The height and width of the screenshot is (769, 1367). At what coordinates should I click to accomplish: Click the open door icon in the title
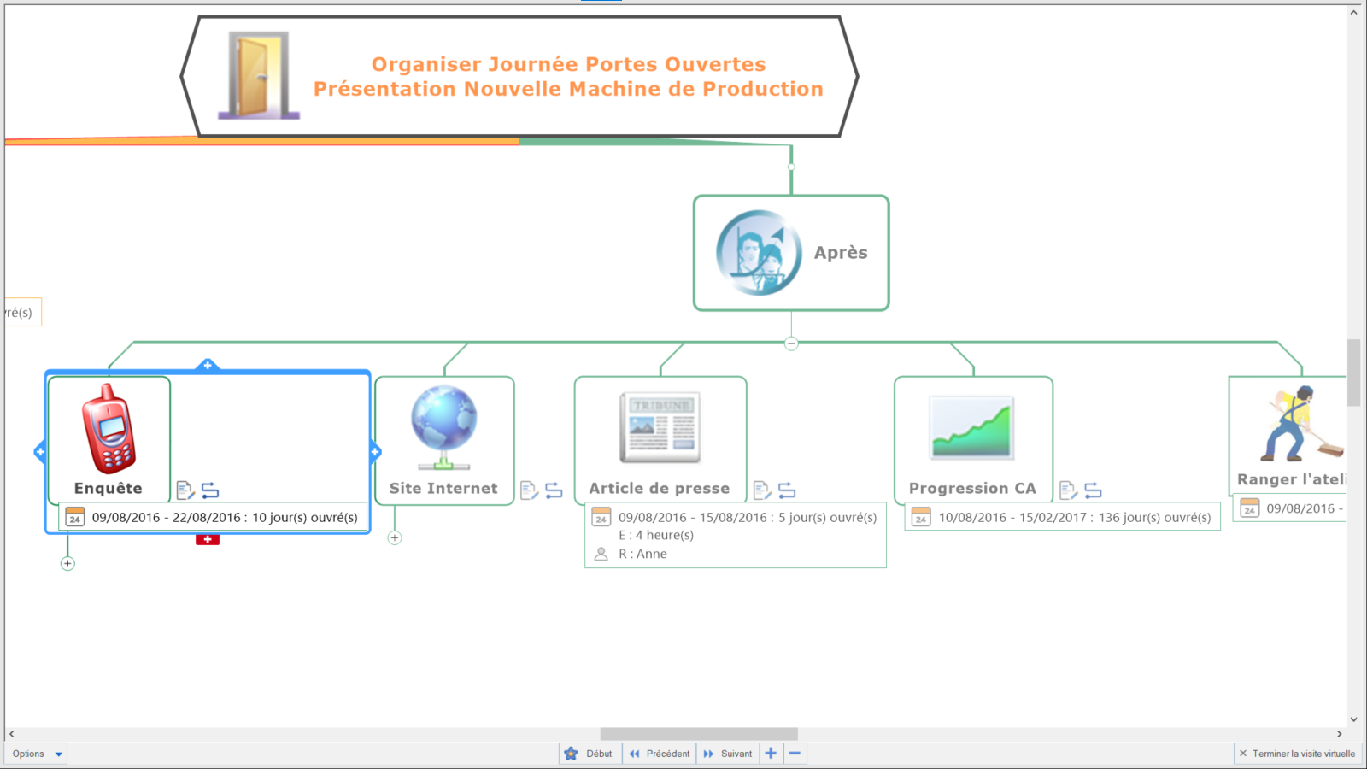pos(258,75)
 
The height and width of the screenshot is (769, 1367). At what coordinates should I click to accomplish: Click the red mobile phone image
pos(109,429)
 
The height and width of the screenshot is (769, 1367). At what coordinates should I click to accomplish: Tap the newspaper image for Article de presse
pos(660,427)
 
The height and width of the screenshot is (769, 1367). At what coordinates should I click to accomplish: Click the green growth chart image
pos(971,427)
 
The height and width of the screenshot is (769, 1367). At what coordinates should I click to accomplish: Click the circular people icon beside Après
pos(758,253)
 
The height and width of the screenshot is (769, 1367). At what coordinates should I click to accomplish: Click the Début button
pos(590,754)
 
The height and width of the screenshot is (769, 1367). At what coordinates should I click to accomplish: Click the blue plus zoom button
pos(771,754)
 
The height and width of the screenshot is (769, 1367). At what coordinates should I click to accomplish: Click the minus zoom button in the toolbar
pos(795,754)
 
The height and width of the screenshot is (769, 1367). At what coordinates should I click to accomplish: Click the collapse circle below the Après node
pos(791,343)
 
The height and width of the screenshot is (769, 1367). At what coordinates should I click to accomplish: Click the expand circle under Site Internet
pos(395,538)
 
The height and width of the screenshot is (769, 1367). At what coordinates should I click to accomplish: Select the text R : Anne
pos(642,554)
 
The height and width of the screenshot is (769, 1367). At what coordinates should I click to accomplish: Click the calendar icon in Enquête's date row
pos(75,517)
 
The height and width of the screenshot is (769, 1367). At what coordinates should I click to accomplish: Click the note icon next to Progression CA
pos(1068,490)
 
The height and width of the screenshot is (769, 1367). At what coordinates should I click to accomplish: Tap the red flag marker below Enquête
pos(208,539)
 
